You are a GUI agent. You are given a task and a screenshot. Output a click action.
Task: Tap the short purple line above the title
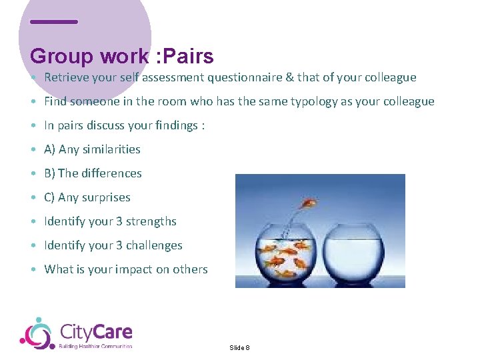54,21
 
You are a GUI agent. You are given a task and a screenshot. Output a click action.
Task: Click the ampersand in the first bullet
289,77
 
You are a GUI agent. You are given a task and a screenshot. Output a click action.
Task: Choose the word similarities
111,149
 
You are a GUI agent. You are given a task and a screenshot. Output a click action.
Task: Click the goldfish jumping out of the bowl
309,203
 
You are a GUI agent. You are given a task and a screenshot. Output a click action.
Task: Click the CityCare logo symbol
36,333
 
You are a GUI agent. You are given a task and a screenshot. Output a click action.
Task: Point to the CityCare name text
96,331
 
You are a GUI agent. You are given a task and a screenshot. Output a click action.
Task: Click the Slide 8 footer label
239,348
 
